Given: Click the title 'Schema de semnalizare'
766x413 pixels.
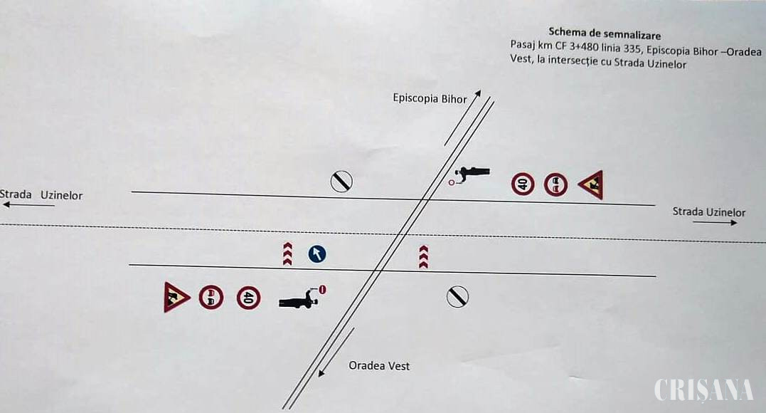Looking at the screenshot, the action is pos(605,33).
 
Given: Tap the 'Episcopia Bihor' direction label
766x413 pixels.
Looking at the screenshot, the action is pos(430,98).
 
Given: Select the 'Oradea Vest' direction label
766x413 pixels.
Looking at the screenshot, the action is pos(379,365).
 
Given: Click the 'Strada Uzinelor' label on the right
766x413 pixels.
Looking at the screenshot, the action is pos(709,212).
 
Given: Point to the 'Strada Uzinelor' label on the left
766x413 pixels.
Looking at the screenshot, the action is pos(41,195).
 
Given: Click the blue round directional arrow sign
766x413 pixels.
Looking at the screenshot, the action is pos(317,254).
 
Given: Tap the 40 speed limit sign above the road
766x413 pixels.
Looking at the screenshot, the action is pos(523,184).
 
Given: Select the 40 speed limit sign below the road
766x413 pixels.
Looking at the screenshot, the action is pos(249,298).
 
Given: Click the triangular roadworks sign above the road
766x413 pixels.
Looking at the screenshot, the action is pos(591,184).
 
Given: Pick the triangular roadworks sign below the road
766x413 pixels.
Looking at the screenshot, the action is pos(176,297).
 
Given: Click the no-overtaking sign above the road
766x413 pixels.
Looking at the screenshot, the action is pos(556,185).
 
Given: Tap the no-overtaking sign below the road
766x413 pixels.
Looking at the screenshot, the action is pos(211,298).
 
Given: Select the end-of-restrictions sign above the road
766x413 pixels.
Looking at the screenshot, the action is pos(341,182).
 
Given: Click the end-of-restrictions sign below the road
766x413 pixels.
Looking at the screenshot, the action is pos(457,297).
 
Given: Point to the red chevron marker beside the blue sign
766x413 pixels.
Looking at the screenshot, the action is pos(288,254).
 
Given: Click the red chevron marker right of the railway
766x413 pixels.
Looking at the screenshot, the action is pos(424,257).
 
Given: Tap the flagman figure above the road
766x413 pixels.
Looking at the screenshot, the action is pos(469,174).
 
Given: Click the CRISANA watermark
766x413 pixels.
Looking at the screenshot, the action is pos(704,390).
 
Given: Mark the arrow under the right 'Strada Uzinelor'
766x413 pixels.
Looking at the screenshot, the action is pos(715,223).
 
